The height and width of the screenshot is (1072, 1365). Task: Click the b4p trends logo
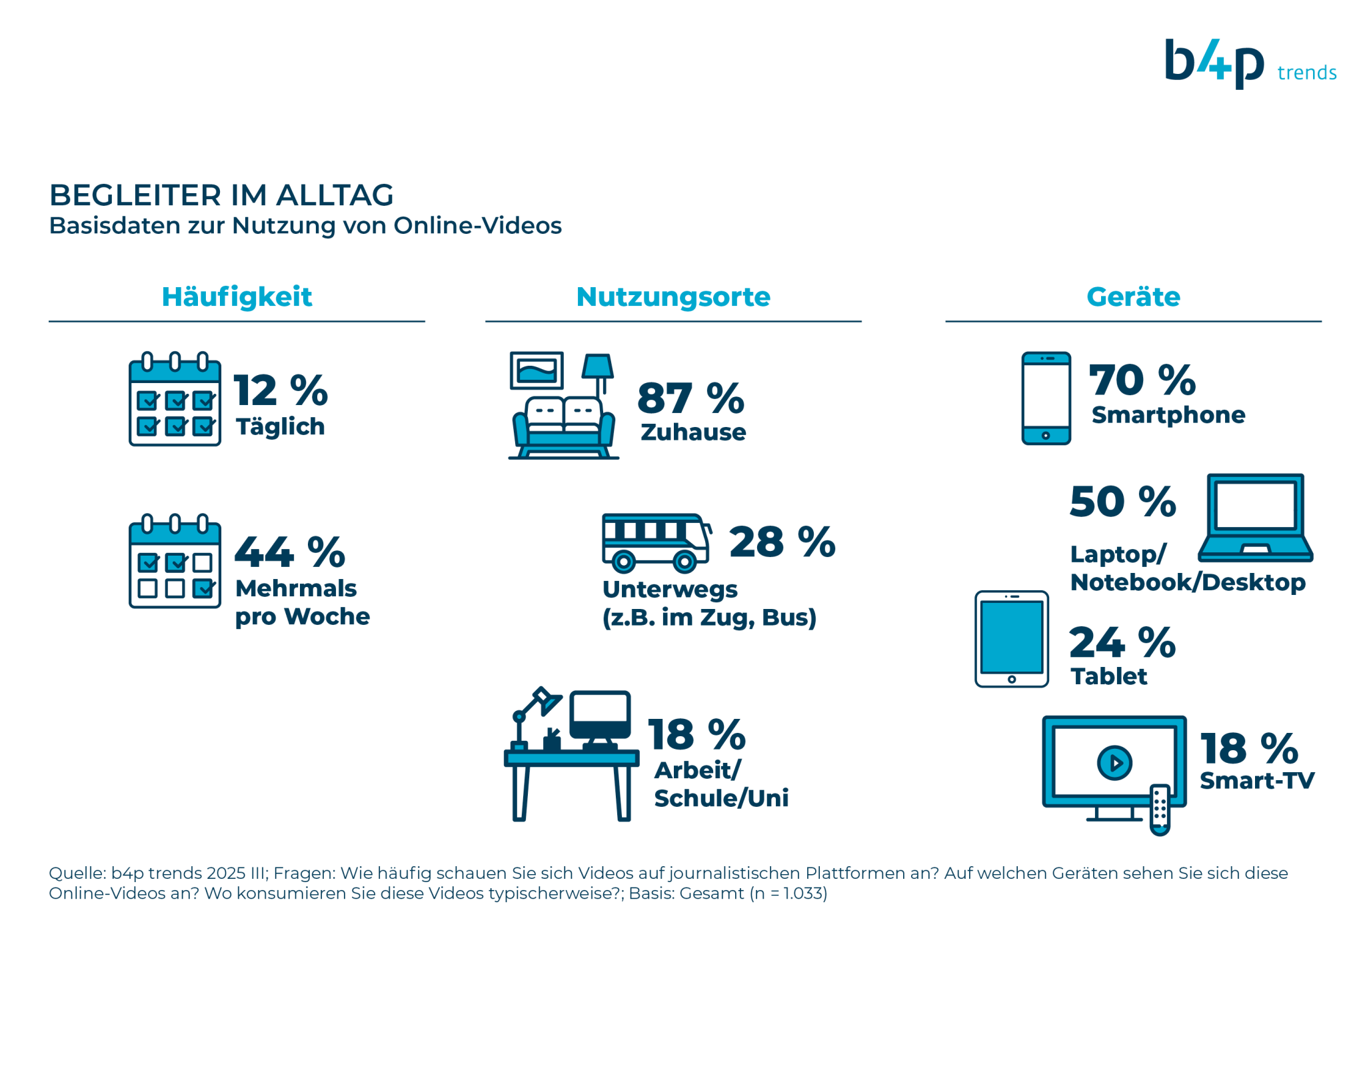[x=1250, y=63]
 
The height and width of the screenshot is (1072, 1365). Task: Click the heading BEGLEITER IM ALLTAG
[x=221, y=195]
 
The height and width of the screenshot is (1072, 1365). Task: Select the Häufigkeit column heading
[x=237, y=297]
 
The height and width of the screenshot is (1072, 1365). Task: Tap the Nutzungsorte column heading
[x=673, y=297]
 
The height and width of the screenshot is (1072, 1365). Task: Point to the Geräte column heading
[x=1133, y=297]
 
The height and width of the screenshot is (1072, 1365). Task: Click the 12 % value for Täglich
[x=281, y=390]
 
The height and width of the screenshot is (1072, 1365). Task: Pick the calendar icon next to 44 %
[x=175, y=561]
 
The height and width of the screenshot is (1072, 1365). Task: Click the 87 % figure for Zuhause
[x=690, y=398]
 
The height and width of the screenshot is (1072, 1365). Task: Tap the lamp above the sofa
[x=598, y=373]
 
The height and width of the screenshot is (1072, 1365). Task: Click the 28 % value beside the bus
[x=782, y=542]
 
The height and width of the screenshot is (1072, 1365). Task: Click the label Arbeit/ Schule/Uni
[x=721, y=784]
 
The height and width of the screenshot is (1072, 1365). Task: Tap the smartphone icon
[x=1046, y=398]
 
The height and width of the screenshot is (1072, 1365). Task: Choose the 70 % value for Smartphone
[x=1142, y=380]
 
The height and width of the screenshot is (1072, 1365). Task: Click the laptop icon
[x=1255, y=518]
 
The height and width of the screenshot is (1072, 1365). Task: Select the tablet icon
[x=1011, y=639]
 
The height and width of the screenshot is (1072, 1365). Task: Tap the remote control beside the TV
[x=1160, y=809]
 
